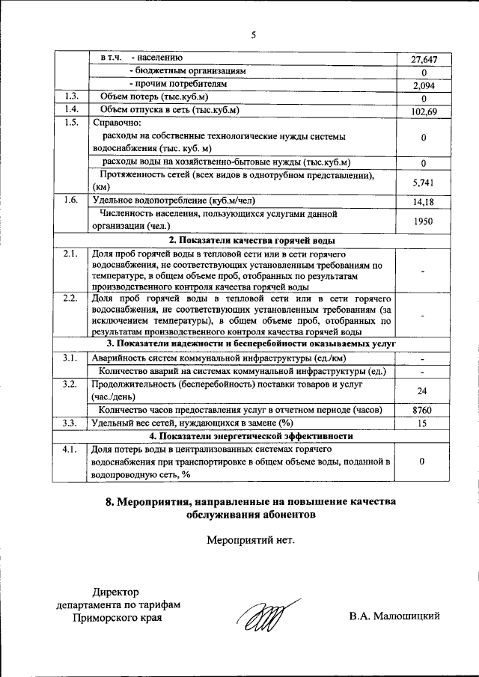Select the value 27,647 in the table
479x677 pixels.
[x=424, y=60]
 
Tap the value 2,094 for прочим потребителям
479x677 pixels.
[x=424, y=86]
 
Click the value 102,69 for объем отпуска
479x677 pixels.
[x=424, y=112]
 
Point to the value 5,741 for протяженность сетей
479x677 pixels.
[x=424, y=182]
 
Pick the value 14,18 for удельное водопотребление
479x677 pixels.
[x=424, y=202]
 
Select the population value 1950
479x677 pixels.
[x=424, y=221]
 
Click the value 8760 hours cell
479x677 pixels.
[x=424, y=410]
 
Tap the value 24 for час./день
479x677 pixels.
[x=424, y=390]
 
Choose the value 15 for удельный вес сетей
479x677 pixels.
[x=424, y=423]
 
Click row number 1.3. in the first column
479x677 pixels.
[x=72, y=97]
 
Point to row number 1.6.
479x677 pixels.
[x=72, y=200]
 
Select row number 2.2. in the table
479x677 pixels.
[x=72, y=299]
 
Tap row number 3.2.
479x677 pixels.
[x=72, y=385]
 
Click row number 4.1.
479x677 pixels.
[x=72, y=450]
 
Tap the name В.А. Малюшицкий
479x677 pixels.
[x=393, y=616]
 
